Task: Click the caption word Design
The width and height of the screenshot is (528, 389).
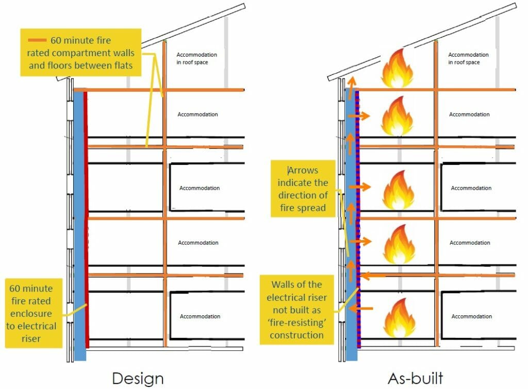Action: (138, 378)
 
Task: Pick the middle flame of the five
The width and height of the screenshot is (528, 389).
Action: (399, 191)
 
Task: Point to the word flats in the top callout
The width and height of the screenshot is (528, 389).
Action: (122, 65)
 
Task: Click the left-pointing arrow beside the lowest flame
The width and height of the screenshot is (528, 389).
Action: (365, 309)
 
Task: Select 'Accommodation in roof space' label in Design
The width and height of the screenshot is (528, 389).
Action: (196, 58)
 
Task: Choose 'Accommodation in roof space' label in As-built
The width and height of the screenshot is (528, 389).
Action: (468, 58)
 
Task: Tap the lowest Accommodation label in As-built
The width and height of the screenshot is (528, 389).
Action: (471, 316)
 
